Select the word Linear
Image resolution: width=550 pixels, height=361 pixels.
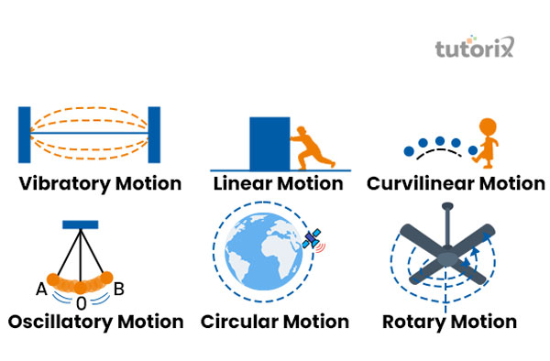coord(244,183)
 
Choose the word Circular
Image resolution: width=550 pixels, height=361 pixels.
coord(240,322)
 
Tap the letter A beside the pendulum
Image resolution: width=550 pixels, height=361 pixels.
coord(41,290)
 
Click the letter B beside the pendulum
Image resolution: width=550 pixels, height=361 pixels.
coord(118,290)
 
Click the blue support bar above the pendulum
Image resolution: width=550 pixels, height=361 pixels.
coord(80,224)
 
